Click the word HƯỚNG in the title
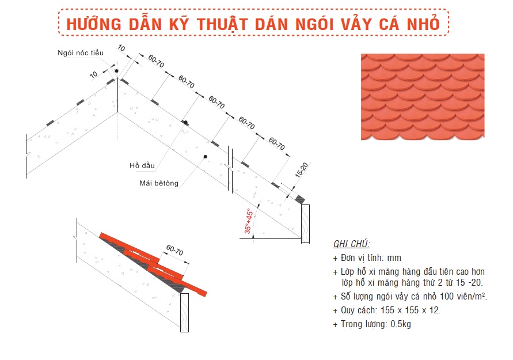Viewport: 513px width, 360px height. [x=94, y=24]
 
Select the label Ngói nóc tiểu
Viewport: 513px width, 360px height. [x=81, y=52]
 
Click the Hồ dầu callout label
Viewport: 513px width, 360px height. [x=142, y=165]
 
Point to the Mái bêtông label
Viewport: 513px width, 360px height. [x=159, y=183]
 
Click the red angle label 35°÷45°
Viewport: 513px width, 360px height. [x=249, y=221]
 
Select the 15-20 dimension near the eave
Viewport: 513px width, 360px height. [x=301, y=170]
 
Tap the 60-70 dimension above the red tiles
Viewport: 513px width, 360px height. [x=174, y=250]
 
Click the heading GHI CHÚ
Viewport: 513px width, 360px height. [x=351, y=244]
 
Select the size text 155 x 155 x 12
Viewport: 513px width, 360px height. [x=411, y=310]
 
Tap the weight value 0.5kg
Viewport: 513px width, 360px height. [x=401, y=324]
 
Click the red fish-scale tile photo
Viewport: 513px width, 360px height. [x=423, y=97]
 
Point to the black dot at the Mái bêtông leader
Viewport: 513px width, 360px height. [x=206, y=157]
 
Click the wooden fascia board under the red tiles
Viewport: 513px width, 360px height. [x=184, y=313]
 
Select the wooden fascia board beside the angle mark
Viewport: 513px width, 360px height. [x=305, y=224]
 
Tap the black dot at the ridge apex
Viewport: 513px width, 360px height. [x=116, y=71]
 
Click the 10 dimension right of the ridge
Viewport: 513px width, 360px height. [x=121, y=48]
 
